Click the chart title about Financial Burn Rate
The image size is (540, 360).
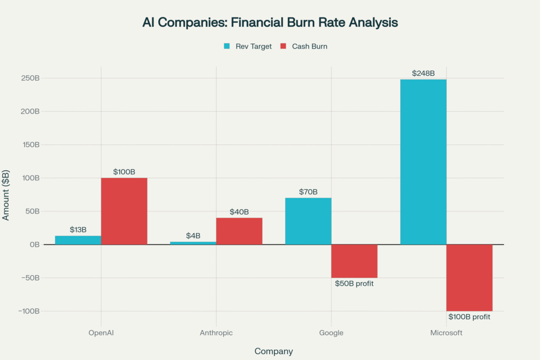point(270,23)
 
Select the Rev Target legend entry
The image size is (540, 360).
point(248,46)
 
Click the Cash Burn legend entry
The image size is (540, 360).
point(304,46)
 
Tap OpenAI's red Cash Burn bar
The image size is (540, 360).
point(124,211)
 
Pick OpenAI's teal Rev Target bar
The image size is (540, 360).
point(78,240)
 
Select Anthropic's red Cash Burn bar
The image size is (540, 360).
point(239,231)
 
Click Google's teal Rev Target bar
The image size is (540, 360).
point(308,221)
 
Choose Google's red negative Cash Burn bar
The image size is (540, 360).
point(354,261)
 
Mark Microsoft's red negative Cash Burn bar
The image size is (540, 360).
point(469,277)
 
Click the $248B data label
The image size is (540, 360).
point(423,73)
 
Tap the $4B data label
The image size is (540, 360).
point(193,236)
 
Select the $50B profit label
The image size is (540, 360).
point(358,284)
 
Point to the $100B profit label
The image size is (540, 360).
point(469,317)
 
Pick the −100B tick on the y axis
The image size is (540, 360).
point(28,311)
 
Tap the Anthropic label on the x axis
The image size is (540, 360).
point(216,333)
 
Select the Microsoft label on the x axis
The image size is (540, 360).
point(446,333)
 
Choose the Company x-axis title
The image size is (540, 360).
point(274,351)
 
